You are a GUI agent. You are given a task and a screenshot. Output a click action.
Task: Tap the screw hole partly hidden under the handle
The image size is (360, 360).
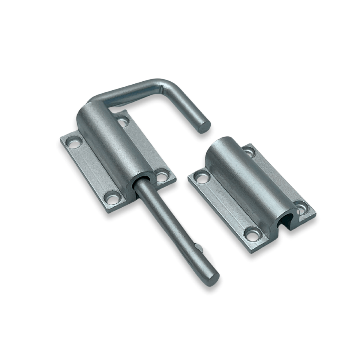(122, 120)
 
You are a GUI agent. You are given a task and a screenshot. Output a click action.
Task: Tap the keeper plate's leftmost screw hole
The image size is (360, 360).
(201, 177)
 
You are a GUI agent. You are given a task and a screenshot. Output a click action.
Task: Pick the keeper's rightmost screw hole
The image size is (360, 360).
(301, 207)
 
